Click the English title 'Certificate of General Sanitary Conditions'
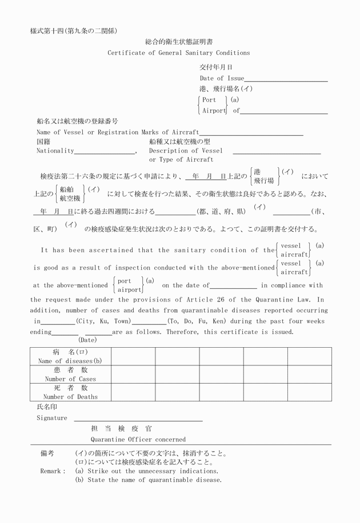point(178,53)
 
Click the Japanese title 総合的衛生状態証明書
point(178,42)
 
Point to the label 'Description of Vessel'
point(186,151)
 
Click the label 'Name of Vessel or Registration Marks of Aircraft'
point(118,132)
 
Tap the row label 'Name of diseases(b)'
point(70,361)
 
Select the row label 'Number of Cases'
point(70,379)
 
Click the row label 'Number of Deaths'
point(70,397)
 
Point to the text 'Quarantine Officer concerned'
point(138,440)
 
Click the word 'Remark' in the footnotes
point(52,472)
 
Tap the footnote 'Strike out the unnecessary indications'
point(151,472)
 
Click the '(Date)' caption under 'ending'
point(87,340)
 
